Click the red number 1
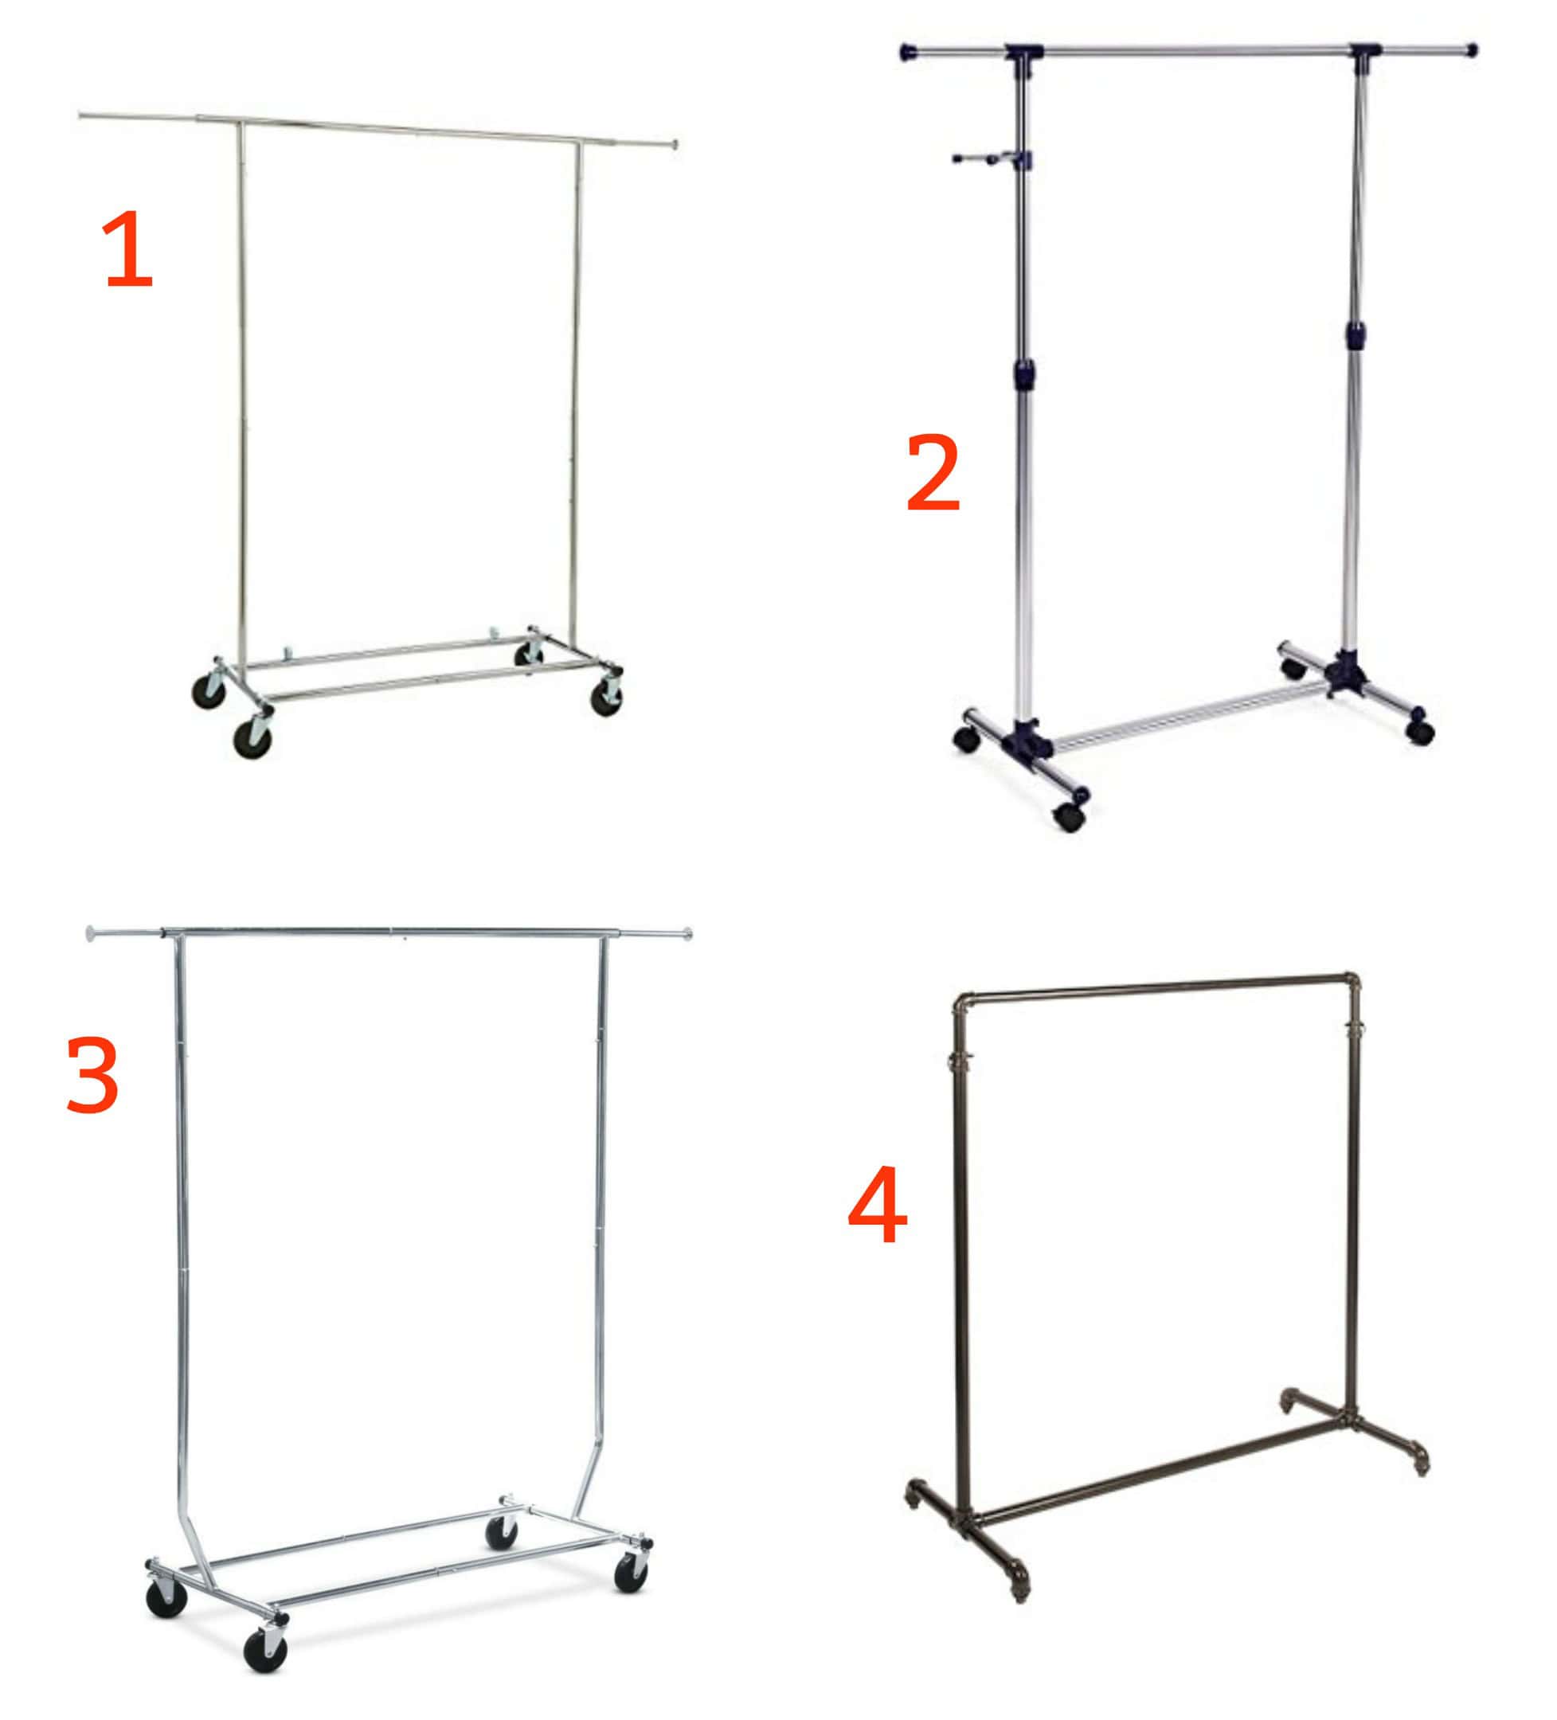tap(128, 249)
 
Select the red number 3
tap(92, 1077)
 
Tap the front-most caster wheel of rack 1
tap(253, 737)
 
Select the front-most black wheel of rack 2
tap(1069, 816)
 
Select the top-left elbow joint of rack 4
tap(963, 1002)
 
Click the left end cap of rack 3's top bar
tap(92, 933)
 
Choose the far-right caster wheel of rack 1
tap(607, 696)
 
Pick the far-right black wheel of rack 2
tap(1420, 732)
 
